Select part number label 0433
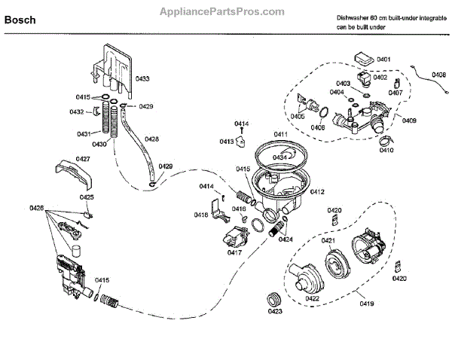[142, 78]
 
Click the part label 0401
[383, 59]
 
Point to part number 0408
[440, 74]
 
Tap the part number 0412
[316, 192]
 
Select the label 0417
[234, 253]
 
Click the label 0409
[410, 120]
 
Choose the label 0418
[201, 215]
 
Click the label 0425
[87, 197]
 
